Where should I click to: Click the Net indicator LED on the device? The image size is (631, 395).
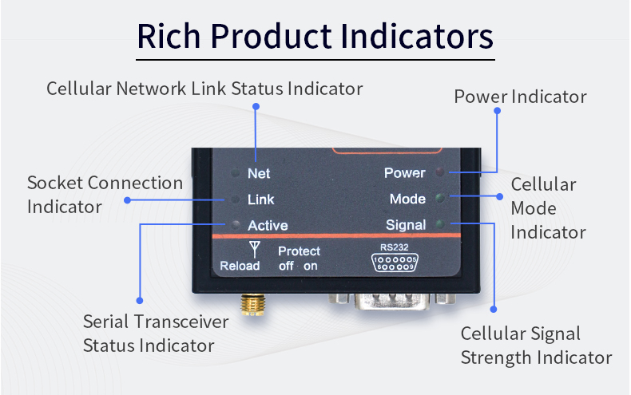236,173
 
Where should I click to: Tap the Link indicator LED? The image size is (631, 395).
236,199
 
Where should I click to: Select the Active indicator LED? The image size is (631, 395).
236,225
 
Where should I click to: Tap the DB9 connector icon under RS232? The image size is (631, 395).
395,263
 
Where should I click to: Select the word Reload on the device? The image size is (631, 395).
238,266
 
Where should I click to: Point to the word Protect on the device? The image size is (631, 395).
299,251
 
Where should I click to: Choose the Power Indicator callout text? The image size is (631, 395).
520,97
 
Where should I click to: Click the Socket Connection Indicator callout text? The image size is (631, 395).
105,194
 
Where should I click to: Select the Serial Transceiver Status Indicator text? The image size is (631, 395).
156,334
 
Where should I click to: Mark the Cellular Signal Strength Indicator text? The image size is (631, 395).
535,345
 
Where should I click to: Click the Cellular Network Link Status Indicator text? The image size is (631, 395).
204,88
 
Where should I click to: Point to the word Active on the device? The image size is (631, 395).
268,225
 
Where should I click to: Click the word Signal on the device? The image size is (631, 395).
406,225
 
